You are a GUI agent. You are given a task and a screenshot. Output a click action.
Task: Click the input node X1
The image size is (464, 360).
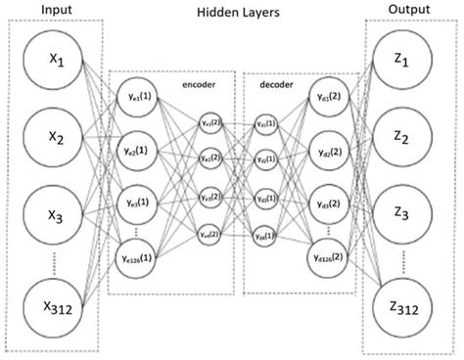(x=54, y=61)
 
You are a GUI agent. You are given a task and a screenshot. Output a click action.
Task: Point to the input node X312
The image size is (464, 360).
(x=54, y=312)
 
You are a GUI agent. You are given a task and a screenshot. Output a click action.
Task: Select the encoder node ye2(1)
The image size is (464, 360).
(x=137, y=152)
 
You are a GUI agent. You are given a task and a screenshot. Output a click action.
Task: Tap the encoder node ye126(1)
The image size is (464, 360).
(x=137, y=258)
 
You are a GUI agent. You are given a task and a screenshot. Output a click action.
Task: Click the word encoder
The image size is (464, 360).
(x=199, y=84)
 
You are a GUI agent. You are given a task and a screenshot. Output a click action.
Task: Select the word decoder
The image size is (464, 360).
(x=275, y=84)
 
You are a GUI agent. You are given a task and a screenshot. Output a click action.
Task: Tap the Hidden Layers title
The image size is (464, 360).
(x=232, y=15)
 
